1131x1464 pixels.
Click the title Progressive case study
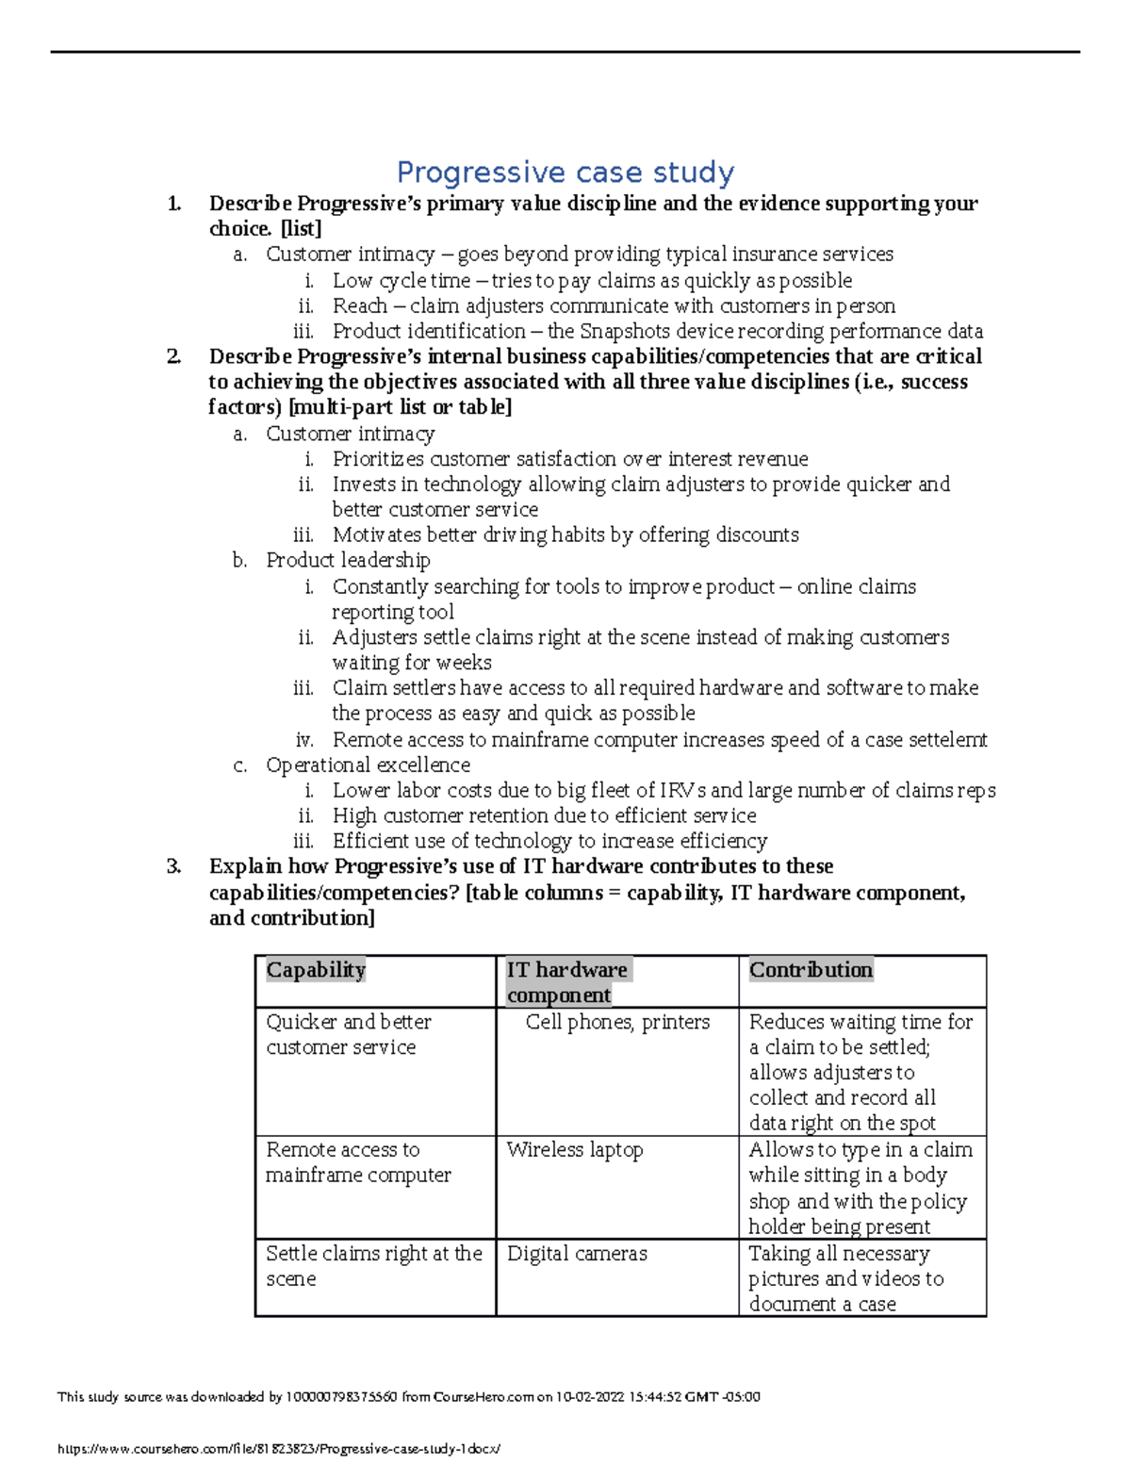pos(565,173)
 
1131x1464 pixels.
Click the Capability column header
pos(316,970)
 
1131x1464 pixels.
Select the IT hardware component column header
pos(567,981)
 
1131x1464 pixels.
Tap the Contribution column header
pos(811,970)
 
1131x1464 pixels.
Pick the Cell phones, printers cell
pos(617,1022)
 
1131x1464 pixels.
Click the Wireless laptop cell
pos(575,1150)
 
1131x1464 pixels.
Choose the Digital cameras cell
pos(577,1254)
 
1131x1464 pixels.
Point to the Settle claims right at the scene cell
pos(373,1266)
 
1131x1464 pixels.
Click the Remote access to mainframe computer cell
pos(358,1162)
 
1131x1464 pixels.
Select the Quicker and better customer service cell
pos(349,1034)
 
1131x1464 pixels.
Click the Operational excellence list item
pos(368,765)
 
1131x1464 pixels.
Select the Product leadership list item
pos(348,560)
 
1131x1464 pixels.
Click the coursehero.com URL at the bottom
pos(279,1449)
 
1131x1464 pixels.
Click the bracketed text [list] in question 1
pos(301,229)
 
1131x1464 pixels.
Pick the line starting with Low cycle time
pos(592,281)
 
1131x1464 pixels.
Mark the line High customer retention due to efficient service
pos(544,815)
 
